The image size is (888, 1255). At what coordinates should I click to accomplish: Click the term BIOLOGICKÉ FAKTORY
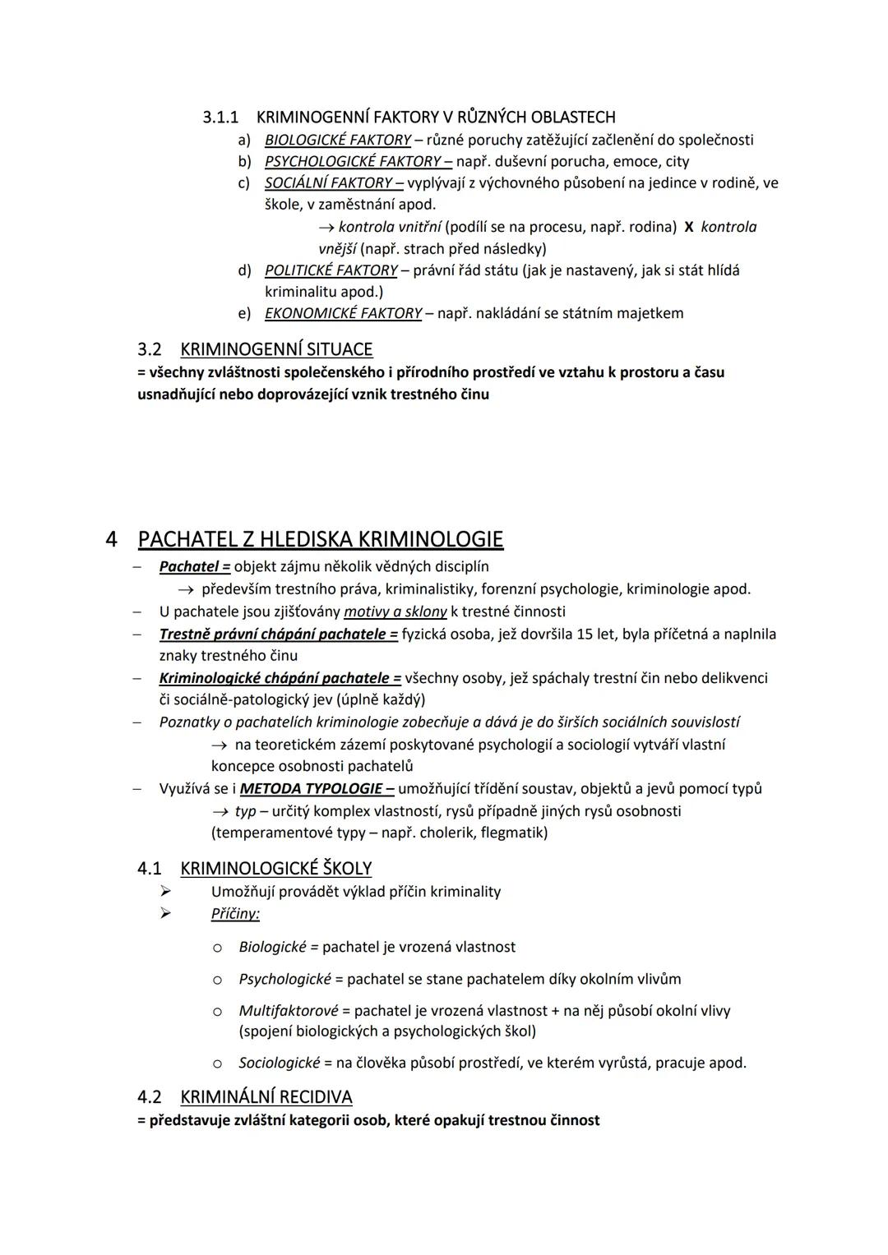tap(337, 140)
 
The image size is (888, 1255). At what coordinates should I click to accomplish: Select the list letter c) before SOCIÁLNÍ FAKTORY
tap(244, 182)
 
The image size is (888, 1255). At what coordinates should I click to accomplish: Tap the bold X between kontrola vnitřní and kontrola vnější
tap(688, 227)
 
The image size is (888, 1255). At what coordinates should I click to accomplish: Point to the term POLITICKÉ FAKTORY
tap(331, 270)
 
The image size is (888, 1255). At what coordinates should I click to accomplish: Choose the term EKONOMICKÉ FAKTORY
tap(343, 313)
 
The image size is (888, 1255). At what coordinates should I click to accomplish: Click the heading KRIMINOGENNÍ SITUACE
tap(276, 349)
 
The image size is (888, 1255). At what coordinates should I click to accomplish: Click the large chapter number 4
tap(112, 540)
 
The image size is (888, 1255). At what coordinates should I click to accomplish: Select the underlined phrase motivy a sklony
tap(395, 611)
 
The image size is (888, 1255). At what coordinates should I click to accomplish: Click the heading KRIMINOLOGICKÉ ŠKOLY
tap(275, 869)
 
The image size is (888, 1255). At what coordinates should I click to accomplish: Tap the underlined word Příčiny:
tap(235, 914)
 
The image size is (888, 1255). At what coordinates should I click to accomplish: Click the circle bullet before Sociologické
tap(217, 1064)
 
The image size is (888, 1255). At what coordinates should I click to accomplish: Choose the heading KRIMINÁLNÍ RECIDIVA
tap(266, 1097)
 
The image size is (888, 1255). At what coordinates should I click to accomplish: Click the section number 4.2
tap(150, 1097)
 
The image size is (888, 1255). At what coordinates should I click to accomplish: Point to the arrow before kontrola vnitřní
tap(326, 227)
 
